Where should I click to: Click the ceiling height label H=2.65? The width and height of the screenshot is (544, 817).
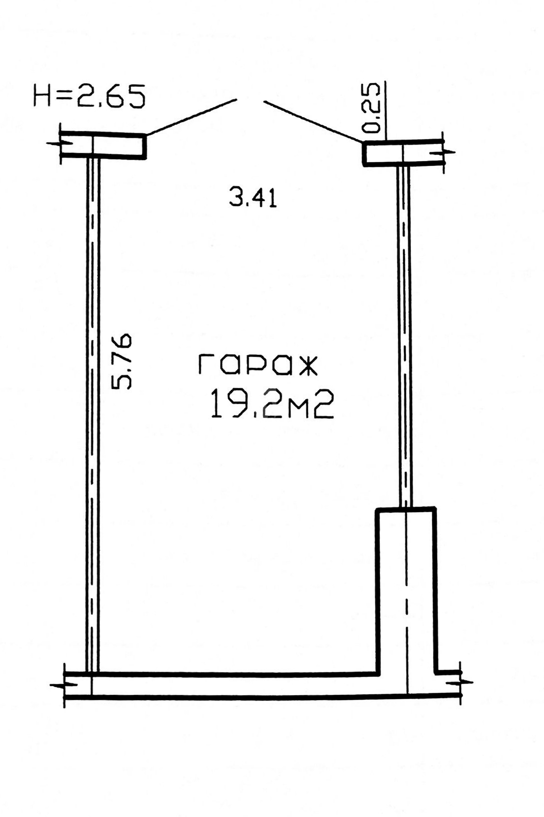[89, 95]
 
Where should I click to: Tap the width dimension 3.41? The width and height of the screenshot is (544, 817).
[253, 197]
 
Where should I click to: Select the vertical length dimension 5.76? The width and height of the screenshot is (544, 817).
[121, 361]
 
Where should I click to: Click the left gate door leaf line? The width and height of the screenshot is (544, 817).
[191, 117]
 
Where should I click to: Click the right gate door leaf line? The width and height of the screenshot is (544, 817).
[313, 122]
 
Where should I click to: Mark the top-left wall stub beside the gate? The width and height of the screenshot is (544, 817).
[103, 145]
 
